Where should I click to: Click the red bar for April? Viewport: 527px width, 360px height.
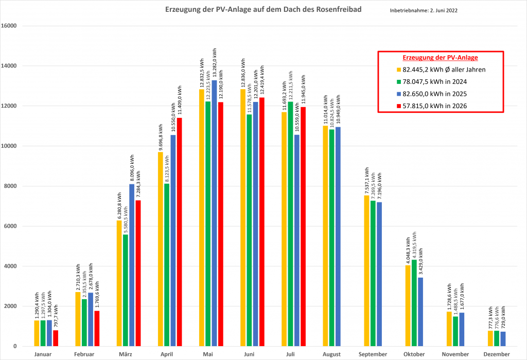pos(180,232)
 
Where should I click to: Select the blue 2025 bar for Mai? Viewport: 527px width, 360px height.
pos(214,213)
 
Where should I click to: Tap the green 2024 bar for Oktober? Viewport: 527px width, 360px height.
pos(414,303)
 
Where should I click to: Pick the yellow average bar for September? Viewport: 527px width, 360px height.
pos(366,271)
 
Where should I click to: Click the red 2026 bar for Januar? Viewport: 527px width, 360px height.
pos(56,338)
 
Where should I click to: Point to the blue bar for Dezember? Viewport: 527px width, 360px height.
pos(503,339)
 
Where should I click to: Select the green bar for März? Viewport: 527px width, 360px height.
pos(126,290)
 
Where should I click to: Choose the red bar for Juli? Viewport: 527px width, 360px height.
pos(303,227)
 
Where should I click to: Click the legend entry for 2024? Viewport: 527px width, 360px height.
pos(432,82)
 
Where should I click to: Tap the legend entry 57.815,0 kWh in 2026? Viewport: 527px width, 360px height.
pos(432,106)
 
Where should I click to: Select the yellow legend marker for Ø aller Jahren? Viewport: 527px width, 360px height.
pos(399,70)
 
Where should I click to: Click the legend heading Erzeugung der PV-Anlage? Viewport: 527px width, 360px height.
pos(441,58)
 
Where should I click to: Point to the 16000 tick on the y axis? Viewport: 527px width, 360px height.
pos(9,26)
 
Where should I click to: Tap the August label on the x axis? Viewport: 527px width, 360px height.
pos(331,354)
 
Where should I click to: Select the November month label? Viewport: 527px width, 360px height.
pos(455,354)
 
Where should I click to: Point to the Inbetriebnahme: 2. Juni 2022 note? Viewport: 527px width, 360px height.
pos(424,10)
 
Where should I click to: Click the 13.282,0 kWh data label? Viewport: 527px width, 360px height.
pos(215,64)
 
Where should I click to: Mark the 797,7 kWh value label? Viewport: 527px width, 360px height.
pos(56,317)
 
